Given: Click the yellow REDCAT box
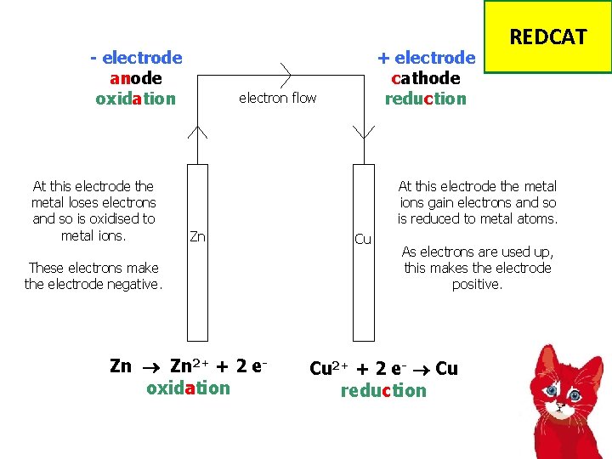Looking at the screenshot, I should click(x=547, y=37).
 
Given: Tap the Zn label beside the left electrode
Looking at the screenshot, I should click(x=197, y=236).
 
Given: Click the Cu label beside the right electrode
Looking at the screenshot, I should click(x=363, y=239).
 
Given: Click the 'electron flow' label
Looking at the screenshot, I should click(x=277, y=98).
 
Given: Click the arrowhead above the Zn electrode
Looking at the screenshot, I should click(x=197, y=131).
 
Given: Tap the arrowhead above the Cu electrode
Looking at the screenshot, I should click(x=363, y=133).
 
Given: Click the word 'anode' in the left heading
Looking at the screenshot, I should click(x=136, y=78).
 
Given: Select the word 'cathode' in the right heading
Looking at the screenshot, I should click(x=426, y=78).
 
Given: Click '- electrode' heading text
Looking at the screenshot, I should click(x=136, y=58).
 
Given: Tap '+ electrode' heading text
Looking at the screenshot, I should click(x=426, y=58).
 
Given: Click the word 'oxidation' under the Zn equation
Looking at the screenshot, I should click(x=188, y=388).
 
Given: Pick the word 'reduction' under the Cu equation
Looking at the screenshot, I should click(x=383, y=391).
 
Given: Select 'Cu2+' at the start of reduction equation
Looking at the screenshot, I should click(x=327, y=367).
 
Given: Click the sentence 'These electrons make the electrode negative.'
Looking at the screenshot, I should click(x=93, y=276).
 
